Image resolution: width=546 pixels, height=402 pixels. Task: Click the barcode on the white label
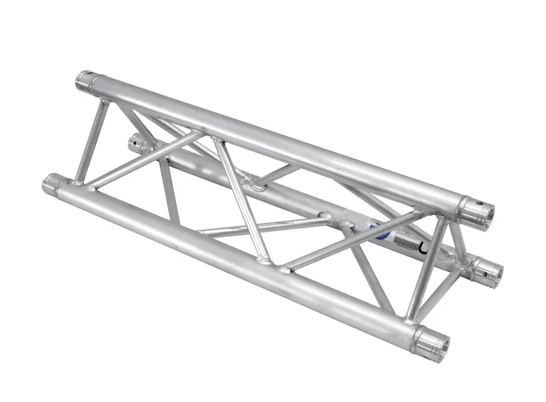[405, 244]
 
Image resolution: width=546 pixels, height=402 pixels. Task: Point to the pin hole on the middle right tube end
[494, 273]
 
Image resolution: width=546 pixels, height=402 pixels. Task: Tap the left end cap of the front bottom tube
[52, 185]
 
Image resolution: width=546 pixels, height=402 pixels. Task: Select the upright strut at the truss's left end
[92, 139]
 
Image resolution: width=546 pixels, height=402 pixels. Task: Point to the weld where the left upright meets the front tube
[79, 182]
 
